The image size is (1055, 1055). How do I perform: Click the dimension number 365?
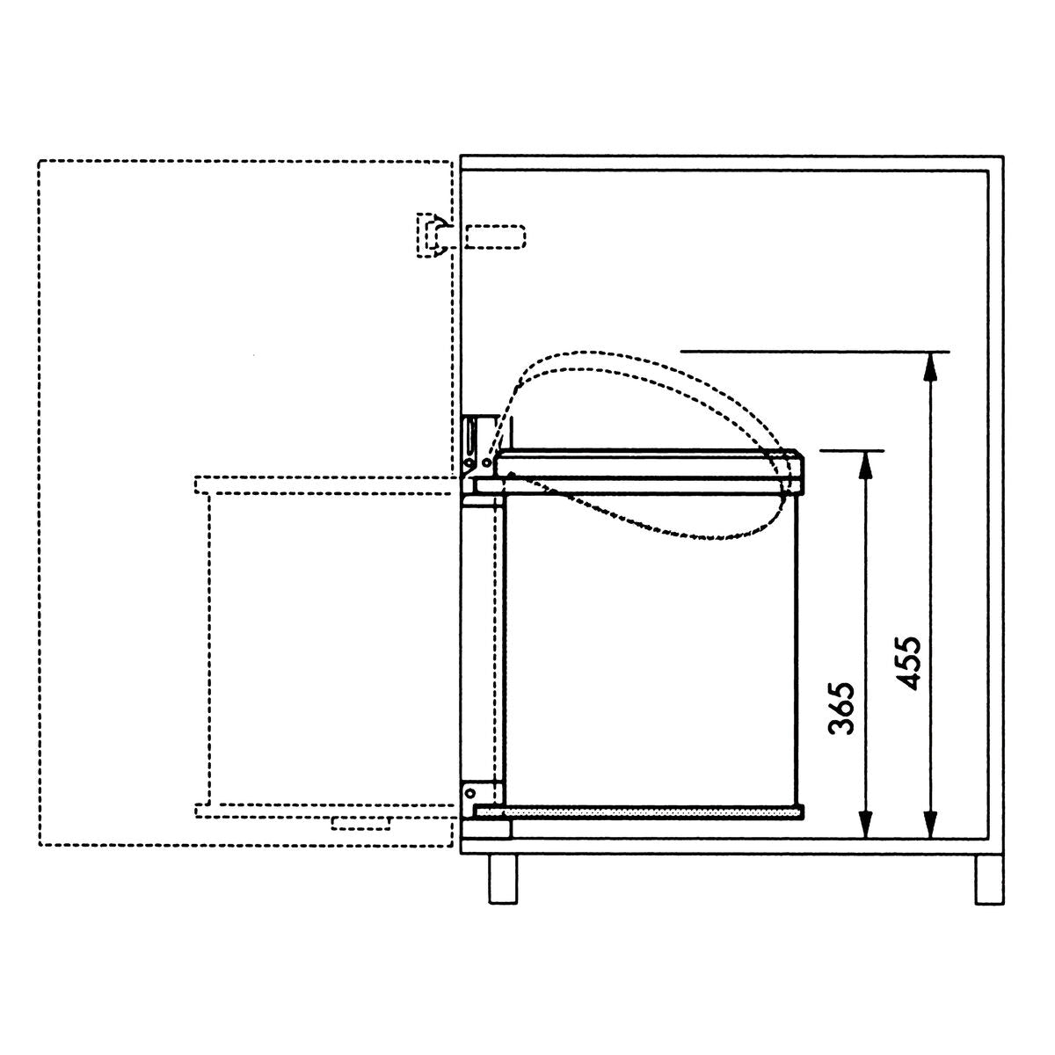(x=841, y=708)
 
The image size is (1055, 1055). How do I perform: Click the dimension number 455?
(x=906, y=663)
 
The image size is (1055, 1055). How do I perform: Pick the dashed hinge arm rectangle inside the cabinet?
(x=495, y=237)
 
